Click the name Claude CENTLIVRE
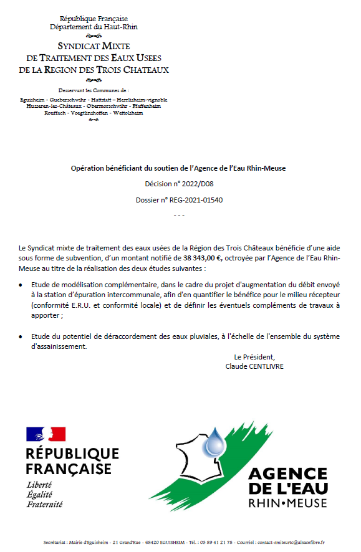coord(254,366)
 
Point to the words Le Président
coord(254,357)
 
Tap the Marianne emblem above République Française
coord(46,434)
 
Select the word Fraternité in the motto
coord(44,504)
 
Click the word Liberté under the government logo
coord(39,485)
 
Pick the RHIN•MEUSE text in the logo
coord(287,502)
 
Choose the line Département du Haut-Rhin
coord(94,27)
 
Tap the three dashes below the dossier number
coord(179,216)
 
